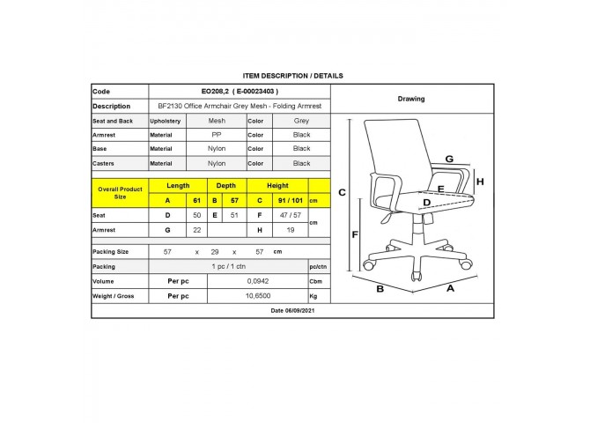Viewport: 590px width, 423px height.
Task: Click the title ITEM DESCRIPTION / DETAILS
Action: (x=292, y=76)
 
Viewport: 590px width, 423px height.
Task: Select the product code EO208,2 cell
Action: (x=240, y=91)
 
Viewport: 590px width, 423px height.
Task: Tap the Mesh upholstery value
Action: (x=217, y=121)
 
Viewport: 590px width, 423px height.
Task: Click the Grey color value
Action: (x=301, y=121)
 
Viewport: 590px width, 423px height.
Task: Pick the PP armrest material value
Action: (x=217, y=135)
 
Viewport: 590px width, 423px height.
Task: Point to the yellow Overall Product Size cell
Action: (x=120, y=193)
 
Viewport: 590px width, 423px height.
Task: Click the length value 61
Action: (x=196, y=200)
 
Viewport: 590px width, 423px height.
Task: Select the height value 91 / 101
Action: (x=290, y=200)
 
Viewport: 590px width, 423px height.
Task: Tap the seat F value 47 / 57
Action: (x=290, y=215)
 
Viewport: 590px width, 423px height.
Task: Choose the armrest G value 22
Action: (x=196, y=230)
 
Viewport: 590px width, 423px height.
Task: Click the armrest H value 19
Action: (x=290, y=230)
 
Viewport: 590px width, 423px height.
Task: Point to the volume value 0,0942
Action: (x=258, y=281)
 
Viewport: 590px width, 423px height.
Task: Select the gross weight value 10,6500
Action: (x=258, y=296)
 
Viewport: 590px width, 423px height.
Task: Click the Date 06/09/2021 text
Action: (x=292, y=310)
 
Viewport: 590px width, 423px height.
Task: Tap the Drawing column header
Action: (x=411, y=99)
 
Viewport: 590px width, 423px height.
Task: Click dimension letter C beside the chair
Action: (x=342, y=192)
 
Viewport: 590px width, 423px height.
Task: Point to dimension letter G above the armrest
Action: (x=449, y=159)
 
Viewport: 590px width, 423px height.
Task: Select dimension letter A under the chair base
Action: (x=450, y=288)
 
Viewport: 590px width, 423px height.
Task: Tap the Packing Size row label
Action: (x=111, y=252)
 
